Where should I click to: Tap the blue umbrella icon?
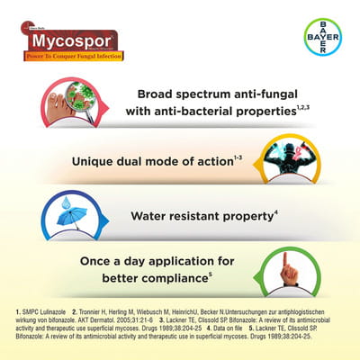tap(70, 215)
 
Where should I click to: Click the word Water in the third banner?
tap(154, 217)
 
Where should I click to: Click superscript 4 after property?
tap(276, 211)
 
